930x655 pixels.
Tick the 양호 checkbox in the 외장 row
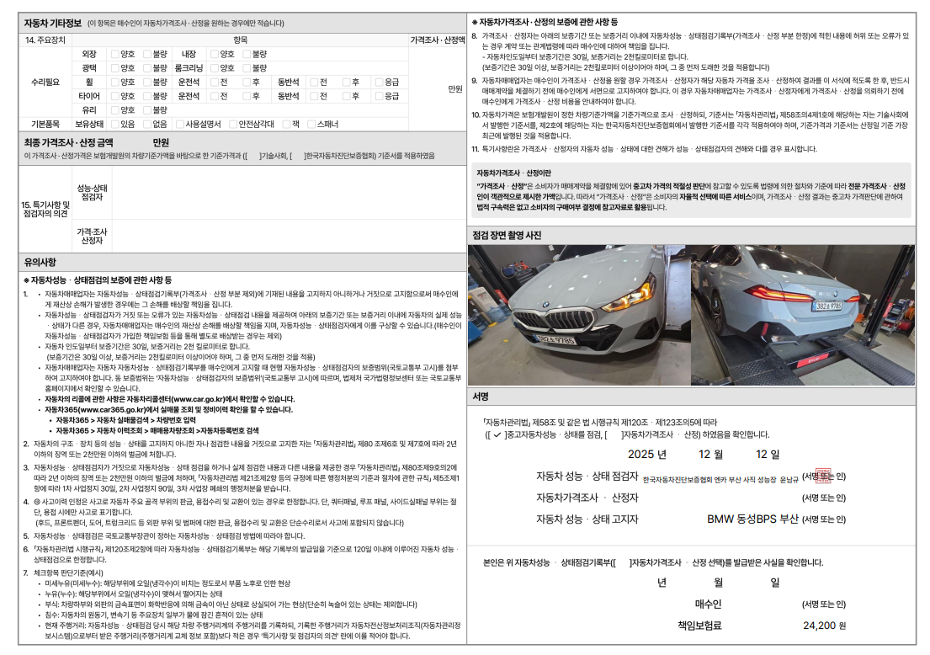115,54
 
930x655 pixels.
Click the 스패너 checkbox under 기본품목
311,124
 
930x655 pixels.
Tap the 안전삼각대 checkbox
233,124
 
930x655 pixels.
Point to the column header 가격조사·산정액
437,40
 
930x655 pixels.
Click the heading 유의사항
40,262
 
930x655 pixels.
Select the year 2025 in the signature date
647,455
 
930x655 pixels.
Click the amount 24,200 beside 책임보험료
819,626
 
